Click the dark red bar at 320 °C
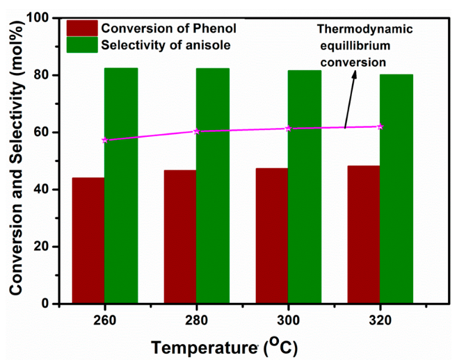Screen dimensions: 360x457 [363, 234]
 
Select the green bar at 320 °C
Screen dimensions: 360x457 [397, 189]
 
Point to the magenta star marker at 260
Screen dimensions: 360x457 [104, 140]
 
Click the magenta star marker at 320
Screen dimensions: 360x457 [380, 127]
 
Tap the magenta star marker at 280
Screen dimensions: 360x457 [196, 131]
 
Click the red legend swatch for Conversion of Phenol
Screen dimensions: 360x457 [82, 28]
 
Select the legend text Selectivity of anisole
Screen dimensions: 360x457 [165, 46]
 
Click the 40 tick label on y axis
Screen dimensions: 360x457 [45, 189]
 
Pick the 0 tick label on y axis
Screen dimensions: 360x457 [49, 304]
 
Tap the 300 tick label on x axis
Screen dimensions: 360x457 [288, 319]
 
